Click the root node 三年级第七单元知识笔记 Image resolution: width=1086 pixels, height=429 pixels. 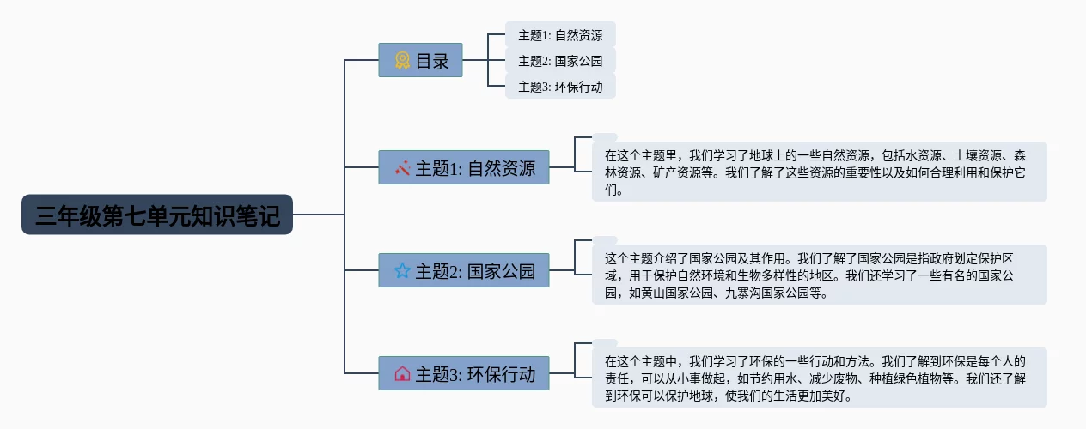point(157,214)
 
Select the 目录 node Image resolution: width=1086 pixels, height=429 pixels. point(420,61)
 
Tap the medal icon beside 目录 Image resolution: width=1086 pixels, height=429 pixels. point(402,61)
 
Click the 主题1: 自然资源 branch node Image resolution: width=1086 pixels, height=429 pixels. point(463,168)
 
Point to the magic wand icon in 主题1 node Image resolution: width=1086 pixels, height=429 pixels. point(402,168)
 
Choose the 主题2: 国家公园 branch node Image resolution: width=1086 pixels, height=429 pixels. point(463,271)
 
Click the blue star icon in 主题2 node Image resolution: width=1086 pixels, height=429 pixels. point(402,271)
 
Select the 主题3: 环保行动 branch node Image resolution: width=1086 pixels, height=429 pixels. point(463,374)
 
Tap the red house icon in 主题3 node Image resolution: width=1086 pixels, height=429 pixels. point(402,374)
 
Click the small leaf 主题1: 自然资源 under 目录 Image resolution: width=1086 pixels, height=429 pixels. point(560,35)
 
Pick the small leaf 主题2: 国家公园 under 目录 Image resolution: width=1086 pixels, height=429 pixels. point(560,61)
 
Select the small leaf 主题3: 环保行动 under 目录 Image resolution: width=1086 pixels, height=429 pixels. point(560,87)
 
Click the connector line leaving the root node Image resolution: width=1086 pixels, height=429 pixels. point(318,214)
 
